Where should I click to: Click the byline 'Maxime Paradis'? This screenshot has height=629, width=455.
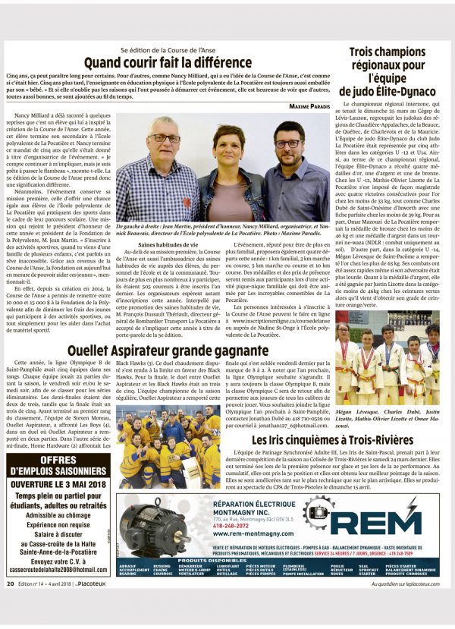309,105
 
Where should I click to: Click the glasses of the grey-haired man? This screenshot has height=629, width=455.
164,138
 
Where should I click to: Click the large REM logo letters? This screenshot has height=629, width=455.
384,521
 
